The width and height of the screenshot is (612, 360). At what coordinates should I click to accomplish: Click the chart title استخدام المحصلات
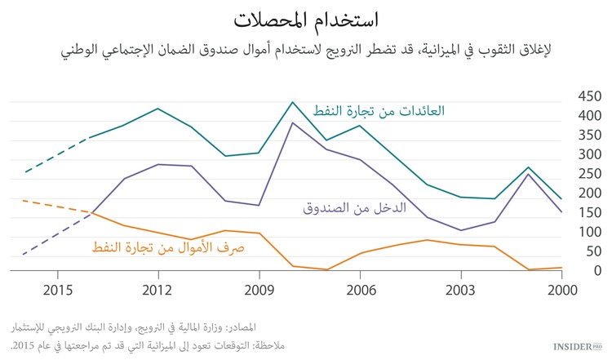(x=306, y=20)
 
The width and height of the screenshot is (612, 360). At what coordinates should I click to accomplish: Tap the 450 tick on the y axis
(x=590, y=96)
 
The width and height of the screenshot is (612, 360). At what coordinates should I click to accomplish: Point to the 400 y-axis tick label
(x=590, y=116)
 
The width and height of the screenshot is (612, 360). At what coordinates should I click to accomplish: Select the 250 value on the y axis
(x=590, y=174)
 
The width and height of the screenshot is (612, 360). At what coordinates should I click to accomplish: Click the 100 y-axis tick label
(x=590, y=232)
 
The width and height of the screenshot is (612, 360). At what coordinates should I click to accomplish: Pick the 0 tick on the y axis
(x=596, y=271)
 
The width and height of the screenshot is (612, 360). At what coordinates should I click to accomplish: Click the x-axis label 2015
(x=55, y=291)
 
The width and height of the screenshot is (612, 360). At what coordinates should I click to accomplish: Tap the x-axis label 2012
(x=157, y=291)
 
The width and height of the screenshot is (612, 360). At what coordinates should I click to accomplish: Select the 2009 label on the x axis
(x=259, y=291)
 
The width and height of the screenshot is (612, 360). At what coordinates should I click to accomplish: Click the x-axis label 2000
(x=562, y=291)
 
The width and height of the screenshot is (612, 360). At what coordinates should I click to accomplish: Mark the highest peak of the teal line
(x=293, y=102)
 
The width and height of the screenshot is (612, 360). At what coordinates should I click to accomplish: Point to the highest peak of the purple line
(x=293, y=122)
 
